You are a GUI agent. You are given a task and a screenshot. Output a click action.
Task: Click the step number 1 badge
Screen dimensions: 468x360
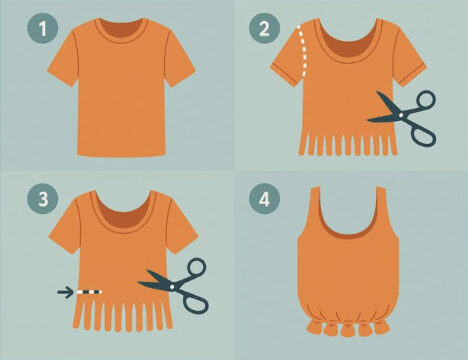tap(43, 28)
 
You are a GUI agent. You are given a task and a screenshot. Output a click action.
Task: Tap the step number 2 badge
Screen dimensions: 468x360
tap(264, 28)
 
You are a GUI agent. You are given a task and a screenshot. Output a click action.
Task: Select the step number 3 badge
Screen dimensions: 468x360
tap(43, 199)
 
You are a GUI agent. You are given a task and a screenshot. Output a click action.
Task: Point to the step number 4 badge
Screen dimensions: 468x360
tap(264, 199)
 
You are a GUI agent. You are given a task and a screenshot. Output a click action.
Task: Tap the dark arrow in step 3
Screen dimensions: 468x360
tap(65, 292)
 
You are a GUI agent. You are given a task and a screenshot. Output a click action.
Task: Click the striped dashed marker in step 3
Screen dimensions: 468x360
tap(89, 292)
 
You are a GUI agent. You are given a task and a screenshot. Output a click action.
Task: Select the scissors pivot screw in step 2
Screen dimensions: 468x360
tap(401, 115)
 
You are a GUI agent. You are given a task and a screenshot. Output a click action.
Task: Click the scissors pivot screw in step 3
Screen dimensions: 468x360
tap(172, 287)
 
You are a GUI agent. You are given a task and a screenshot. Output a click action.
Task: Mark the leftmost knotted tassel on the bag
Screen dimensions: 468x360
tap(315, 327)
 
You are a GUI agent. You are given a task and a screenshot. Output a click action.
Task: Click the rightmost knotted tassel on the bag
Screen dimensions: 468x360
tap(382, 327)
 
